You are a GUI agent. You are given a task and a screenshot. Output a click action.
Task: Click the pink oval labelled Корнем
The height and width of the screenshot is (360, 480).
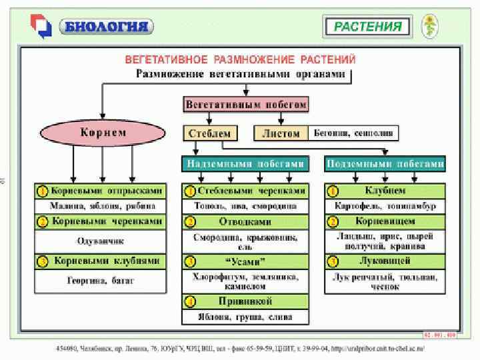(x=103, y=133)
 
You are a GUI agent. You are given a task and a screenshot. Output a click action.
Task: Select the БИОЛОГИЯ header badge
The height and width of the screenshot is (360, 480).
(x=107, y=27)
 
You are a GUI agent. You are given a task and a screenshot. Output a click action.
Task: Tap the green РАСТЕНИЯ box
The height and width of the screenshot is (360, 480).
(x=367, y=27)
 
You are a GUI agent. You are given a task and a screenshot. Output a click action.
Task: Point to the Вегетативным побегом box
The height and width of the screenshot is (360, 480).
(x=245, y=105)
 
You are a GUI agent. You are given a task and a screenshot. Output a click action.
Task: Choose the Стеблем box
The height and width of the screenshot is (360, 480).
(x=208, y=133)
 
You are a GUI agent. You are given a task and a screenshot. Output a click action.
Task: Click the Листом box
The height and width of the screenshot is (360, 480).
(x=281, y=133)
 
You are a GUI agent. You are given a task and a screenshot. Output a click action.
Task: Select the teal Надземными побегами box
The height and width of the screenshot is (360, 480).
(x=245, y=163)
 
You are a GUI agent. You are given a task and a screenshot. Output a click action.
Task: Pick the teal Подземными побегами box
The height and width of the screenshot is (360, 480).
(x=385, y=163)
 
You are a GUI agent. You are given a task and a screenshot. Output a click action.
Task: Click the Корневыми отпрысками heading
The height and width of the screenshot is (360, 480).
(x=107, y=191)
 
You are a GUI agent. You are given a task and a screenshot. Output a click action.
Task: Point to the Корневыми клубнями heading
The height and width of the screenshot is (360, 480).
(x=107, y=262)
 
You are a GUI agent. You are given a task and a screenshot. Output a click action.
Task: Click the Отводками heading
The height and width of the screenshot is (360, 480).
(x=245, y=221)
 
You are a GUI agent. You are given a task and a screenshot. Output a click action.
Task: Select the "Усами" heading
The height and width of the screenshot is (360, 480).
(x=245, y=261)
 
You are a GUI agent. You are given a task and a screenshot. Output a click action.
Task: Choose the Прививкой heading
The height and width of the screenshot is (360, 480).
(x=245, y=301)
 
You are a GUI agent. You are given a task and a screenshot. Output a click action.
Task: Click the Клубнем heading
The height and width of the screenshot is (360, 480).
(x=385, y=191)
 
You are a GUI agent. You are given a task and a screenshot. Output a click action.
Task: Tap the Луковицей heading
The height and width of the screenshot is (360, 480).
(x=385, y=261)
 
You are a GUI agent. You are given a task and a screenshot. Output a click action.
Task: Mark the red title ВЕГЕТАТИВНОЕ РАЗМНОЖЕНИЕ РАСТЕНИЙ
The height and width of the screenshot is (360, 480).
(x=241, y=59)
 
